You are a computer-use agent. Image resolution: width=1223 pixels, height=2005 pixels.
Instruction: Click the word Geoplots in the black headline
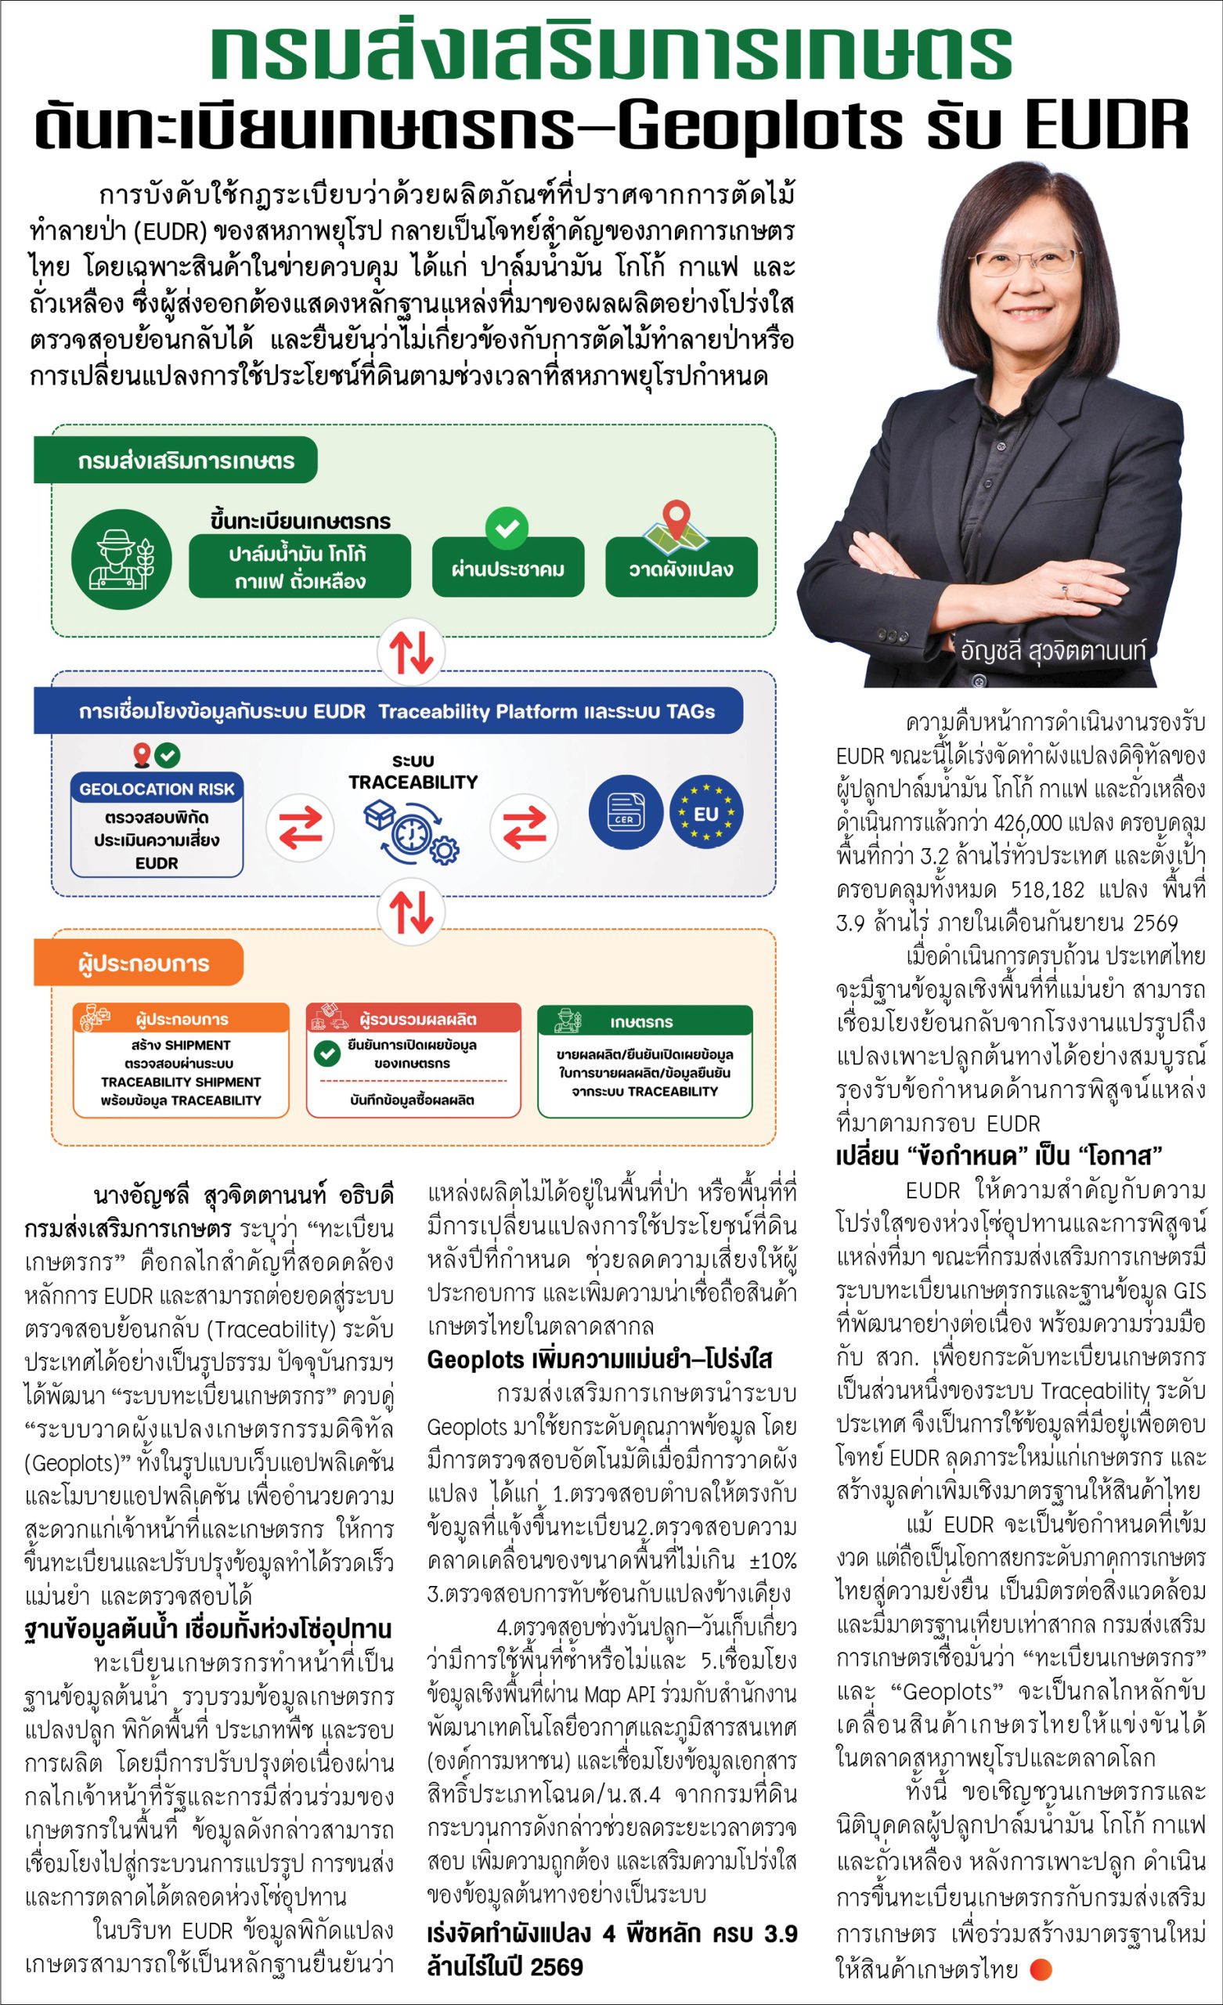[761, 126]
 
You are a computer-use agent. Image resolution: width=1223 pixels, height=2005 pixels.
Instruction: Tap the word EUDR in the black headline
[1106, 126]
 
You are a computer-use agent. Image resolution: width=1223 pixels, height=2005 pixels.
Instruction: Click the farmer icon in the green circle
[121, 559]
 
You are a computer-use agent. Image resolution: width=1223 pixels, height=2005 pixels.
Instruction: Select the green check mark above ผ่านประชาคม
[507, 528]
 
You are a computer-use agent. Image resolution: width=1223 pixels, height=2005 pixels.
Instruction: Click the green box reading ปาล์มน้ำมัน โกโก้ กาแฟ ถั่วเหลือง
[299, 567]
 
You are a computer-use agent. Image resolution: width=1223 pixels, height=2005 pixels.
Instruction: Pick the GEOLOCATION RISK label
[157, 789]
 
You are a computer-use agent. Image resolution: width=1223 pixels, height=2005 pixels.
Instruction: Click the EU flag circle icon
[706, 813]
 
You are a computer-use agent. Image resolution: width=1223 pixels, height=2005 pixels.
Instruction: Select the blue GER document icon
[625, 813]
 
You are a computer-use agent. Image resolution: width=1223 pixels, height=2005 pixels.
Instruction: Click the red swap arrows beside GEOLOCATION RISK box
[300, 828]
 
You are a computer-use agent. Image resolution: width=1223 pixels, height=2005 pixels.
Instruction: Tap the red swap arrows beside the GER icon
[524, 828]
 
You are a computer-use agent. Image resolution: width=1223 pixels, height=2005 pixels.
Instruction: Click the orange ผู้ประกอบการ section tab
[139, 963]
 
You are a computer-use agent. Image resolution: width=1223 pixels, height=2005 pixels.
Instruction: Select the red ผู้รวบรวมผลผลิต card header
[413, 1019]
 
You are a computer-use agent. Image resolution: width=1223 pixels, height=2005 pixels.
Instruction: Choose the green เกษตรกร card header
[644, 1021]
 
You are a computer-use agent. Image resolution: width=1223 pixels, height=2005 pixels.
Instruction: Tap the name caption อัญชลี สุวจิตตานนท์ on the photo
[1053, 651]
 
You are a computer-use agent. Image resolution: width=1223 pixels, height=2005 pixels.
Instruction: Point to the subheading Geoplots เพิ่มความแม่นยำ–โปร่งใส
[600, 1360]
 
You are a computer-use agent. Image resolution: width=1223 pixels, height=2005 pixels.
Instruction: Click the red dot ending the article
[1041, 1969]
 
